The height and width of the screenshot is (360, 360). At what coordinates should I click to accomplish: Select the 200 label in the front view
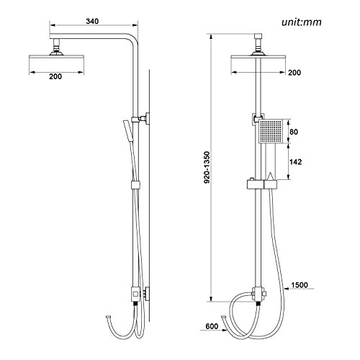[x=293, y=73]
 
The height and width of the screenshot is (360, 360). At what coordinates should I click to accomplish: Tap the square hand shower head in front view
[x=272, y=132]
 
